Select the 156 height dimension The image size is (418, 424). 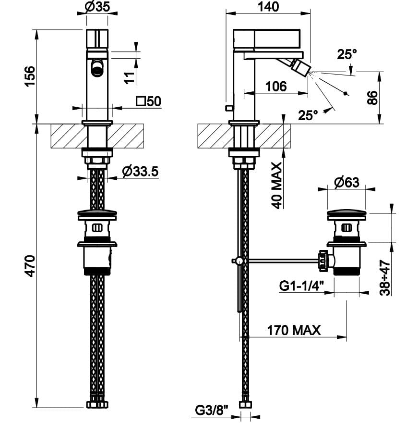tap(29, 76)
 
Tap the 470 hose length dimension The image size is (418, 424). tap(29, 265)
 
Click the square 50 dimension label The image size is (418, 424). tap(148, 101)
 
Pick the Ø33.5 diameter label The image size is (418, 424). tap(140, 171)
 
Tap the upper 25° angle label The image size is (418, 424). tap(347, 54)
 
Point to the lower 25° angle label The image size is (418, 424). tap(308, 115)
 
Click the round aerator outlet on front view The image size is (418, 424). tap(97, 67)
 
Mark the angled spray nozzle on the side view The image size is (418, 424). tap(300, 66)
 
